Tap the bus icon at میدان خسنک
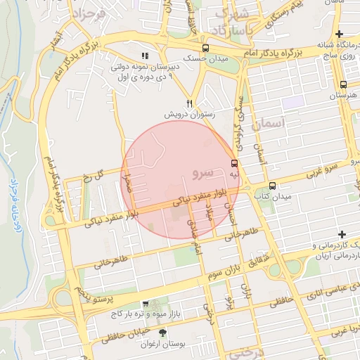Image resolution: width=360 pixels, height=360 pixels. pos(205,48)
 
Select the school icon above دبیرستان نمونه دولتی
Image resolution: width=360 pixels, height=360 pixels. pos(145,56)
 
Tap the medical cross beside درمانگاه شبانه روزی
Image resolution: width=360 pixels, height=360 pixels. pos(340,34)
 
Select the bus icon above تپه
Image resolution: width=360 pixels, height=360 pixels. pos(233,163)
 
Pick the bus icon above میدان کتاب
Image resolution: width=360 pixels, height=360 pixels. pos(274,185)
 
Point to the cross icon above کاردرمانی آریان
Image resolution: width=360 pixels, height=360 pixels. pos(342,234)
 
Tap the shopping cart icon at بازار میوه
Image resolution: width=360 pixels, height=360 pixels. pos(146,304)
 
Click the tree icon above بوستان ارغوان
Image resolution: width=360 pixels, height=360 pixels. pos(163,332)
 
